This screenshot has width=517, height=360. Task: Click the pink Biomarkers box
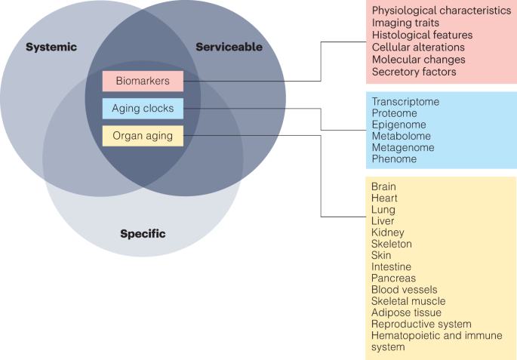pos(143,81)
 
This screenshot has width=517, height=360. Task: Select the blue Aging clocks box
pos(143,109)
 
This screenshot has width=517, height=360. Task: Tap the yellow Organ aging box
pos(143,136)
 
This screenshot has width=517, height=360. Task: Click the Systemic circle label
pos(51,48)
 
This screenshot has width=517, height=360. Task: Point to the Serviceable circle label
pos(229,48)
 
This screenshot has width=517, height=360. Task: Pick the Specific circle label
pos(143,234)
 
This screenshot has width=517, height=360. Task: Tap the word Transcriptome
pos(405,101)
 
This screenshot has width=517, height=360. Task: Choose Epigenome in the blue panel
pos(399,125)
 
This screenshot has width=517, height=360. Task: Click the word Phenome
pos(394,159)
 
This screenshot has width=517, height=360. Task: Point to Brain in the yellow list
pos(383,186)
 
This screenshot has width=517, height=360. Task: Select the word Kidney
pos(387,232)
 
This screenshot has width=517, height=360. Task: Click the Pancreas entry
pos(393,278)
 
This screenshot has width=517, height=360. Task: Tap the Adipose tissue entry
pos(406,312)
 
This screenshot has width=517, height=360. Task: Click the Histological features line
pos(422,35)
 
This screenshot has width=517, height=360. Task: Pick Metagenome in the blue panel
pos(402,148)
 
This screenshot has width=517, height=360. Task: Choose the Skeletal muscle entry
pos(409,301)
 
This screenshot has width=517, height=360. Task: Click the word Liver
pos(383,221)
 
